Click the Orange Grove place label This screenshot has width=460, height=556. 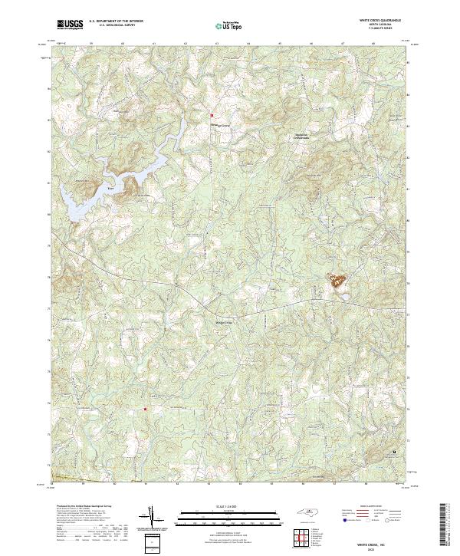[x=221, y=124]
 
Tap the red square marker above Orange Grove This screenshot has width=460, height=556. [x=212, y=116]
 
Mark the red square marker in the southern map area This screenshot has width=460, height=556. [x=145, y=410]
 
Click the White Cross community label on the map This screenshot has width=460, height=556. [x=223, y=323]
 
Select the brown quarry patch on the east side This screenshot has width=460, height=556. [x=337, y=281]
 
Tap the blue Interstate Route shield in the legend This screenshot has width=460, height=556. [x=342, y=520]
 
